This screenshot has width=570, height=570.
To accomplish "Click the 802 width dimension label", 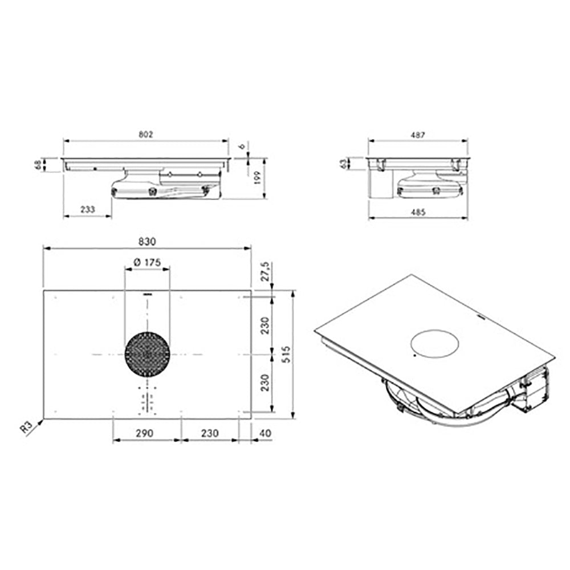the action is (x=146, y=135).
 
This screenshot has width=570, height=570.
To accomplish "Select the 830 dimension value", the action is (x=147, y=242).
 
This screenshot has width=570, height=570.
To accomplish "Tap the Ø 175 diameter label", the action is (x=147, y=262).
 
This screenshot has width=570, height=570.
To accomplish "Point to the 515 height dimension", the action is (x=286, y=355).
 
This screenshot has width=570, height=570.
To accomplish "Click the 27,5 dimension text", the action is (x=266, y=271).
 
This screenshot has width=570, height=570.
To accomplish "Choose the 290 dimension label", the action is (x=144, y=433).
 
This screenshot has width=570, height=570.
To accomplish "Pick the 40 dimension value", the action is (x=266, y=433).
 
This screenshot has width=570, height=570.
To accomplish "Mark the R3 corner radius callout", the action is (x=27, y=427).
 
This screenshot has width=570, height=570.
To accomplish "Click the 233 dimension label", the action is (x=88, y=209).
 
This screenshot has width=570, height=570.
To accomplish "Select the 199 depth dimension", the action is (x=258, y=178).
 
